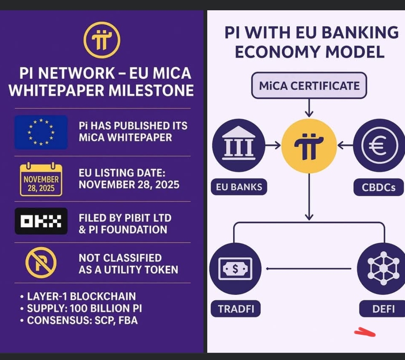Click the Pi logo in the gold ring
pyautogui.click(x=102, y=40)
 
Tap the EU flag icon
pyautogui.click(x=41, y=132)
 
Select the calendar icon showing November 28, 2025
pyautogui.click(x=41, y=179)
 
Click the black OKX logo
pyautogui.click(x=41, y=221)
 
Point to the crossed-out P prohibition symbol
pyautogui.click(x=41, y=263)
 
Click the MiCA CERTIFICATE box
pyautogui.click(x=309, y=86)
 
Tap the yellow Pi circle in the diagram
pyautogui.click(x=309, y=146)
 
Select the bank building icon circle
pyautogui.click(x=239, y=145)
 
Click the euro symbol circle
pyautogui.click(x=379, y=145)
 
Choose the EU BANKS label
pyautogui.click(x=239, y=187)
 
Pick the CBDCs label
pyautogui.click(x=378, y=187)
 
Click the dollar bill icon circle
pyautogui.click(x=235, y=269)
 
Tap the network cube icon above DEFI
pyautogui.click(x=383, y=269)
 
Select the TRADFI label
pyautogui.click(x=235, y=309)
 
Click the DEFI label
pyautogui.click(x=383, y=309)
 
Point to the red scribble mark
pyautogui.click(x=365, y=332)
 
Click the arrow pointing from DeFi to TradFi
pyautogui.click(x=309, y=269)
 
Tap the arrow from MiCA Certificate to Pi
pyautogui.click(x=309, y=108)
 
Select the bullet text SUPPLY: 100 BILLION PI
pyautogui.click(x=84, y=308)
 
